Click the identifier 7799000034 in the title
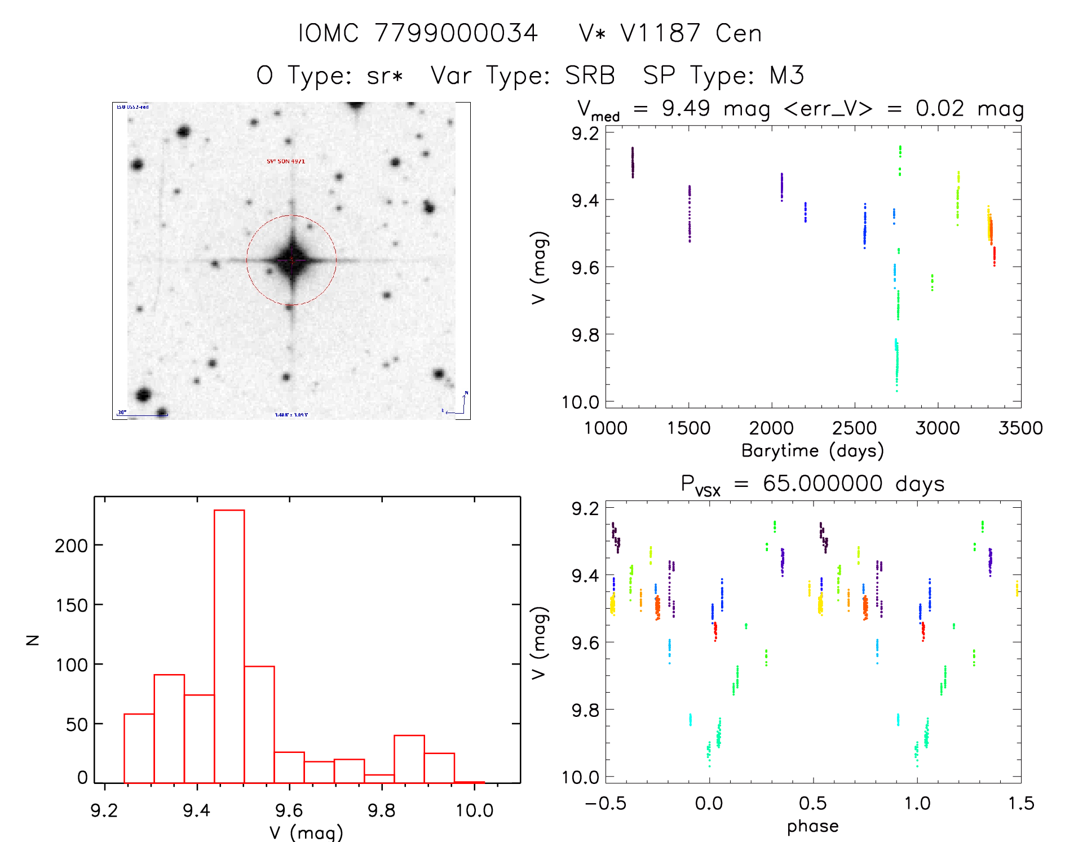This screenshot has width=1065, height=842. pos(456,33)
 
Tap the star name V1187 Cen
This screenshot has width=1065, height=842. pos(670,33)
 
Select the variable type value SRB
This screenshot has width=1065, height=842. pos(590,76)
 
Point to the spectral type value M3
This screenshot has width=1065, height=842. pos(786,76)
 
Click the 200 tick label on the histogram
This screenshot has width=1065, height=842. pos(71,546)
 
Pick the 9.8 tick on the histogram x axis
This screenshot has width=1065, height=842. pos(382,810)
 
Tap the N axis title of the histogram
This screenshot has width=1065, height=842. pos(33,640)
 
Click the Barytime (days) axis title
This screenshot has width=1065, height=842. pos(812,451)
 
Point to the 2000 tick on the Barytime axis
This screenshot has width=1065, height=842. pos(771,428)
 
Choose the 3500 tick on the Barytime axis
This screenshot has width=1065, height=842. pos(1020,428)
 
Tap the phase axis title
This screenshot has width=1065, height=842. pos(812,826)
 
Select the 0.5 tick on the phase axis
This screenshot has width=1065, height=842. pos(813,803)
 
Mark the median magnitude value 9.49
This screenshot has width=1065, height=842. pos(686,108)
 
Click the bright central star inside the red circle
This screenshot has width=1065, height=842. pos(291,260)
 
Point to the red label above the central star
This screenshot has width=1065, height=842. pos(286,161)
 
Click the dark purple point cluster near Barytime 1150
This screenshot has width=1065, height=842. pos(633,162)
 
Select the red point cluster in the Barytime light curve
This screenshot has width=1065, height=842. pos(994,256)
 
